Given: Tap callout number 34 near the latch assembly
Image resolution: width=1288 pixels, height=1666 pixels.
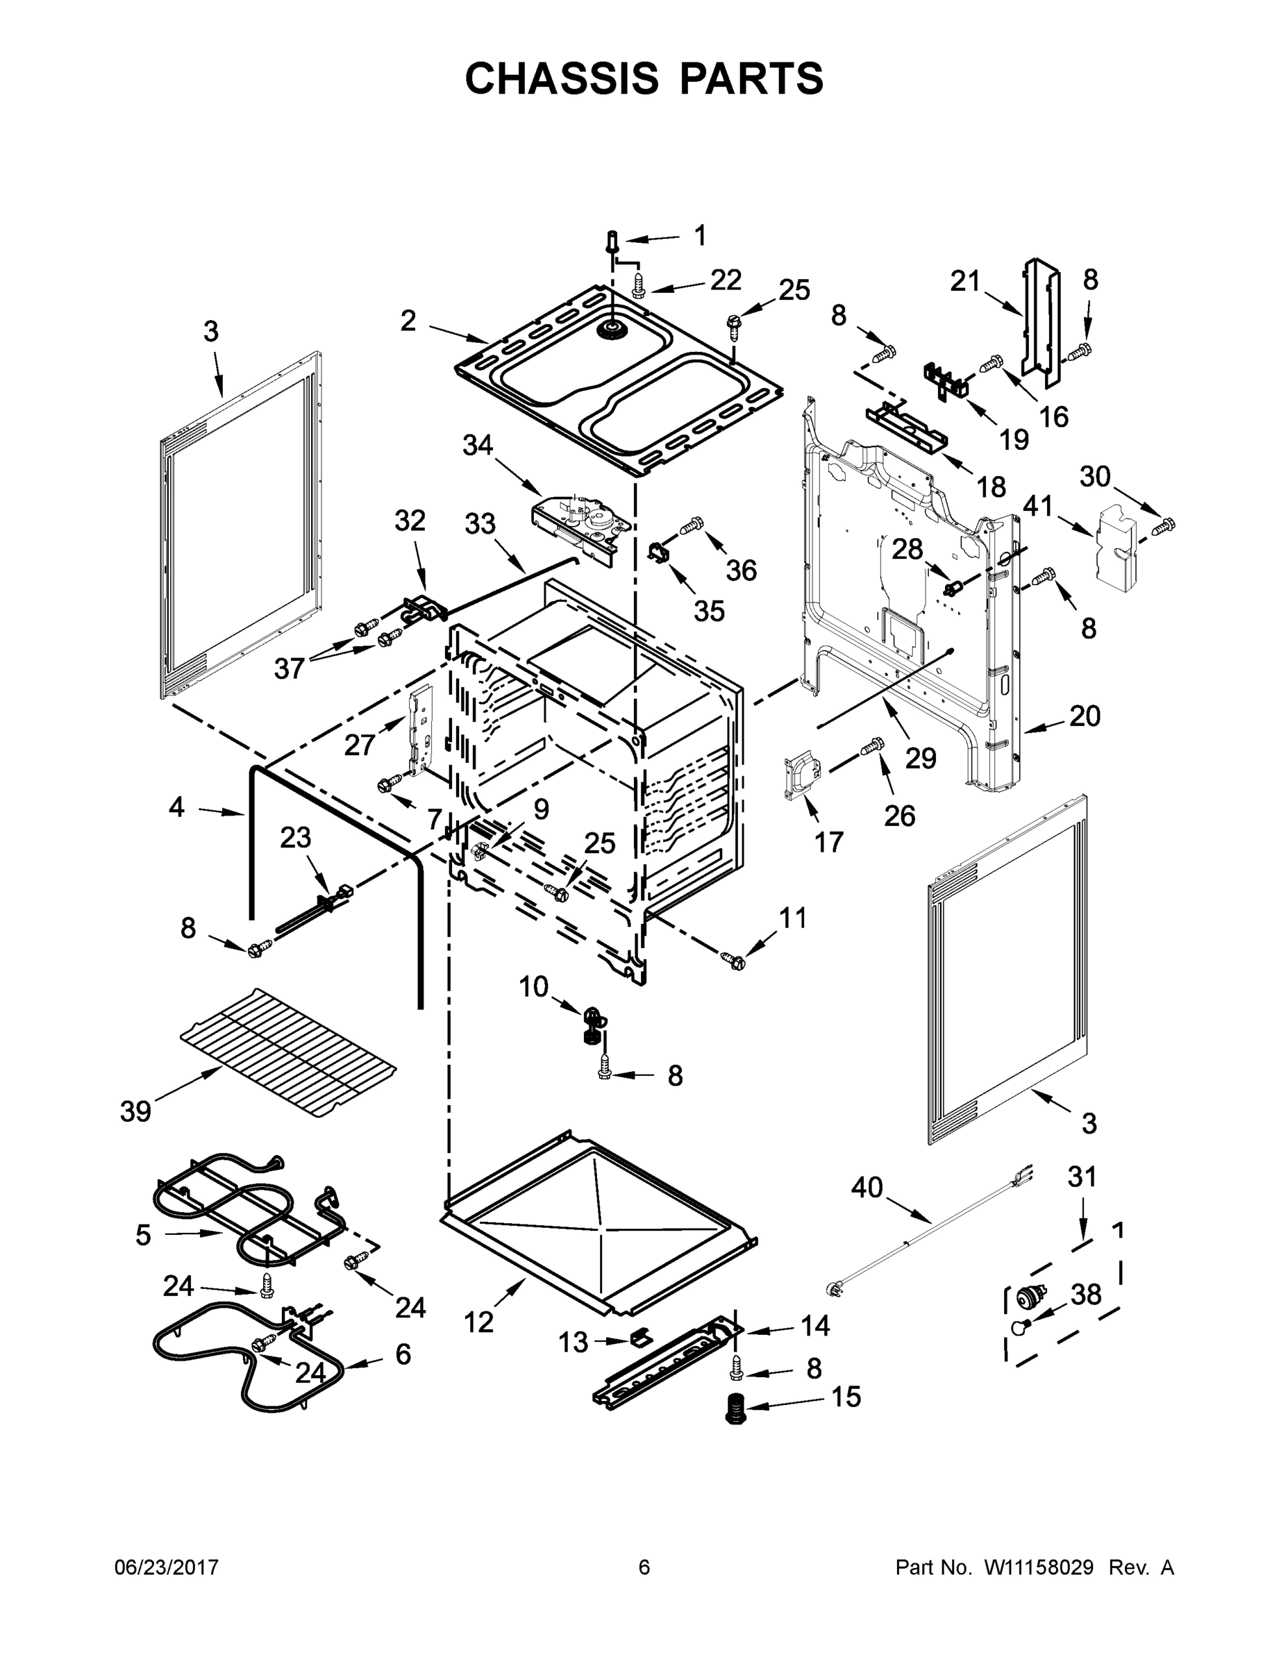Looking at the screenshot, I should pyautogui.click(x=478, y=446).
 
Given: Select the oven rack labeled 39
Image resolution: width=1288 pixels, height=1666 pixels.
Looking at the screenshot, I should pyautogui.click(x=288, y=1052).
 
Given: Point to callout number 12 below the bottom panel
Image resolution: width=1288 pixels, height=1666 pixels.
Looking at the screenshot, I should pyautogui.click(x=478, y=1322).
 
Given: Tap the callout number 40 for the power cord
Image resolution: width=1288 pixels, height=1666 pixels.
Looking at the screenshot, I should pyautogui.click(x=867, y=1188).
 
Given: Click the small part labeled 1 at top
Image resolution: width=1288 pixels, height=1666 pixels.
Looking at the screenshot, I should pyautogui.click(x=612, y=242).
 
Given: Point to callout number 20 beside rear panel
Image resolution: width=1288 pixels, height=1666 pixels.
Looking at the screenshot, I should pyautogui.click(x=1085, y=716).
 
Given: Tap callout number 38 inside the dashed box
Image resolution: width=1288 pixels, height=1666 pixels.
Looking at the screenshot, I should pyautogui.click(x=1086, y=1295).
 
